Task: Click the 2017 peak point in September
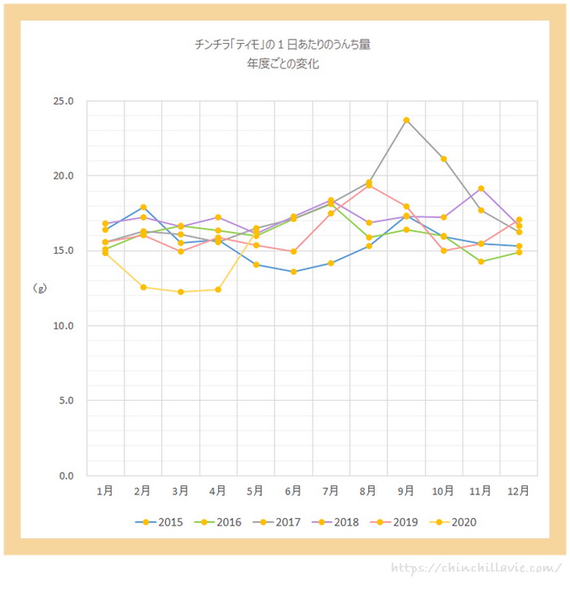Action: tap(406, 120)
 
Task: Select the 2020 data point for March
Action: tap(181, 292)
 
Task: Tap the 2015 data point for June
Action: tap(293, 272)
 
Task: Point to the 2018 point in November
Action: tap(481, 189)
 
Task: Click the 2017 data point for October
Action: tap(444, 159)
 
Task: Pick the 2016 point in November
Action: tap(481, 262)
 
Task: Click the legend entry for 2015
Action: tap(160, 522)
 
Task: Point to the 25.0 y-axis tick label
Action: tap(63, 101)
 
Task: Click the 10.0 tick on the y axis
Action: tap(63, 325)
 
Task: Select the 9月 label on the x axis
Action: tap(406, 491)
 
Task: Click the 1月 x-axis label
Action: tap(105, 491)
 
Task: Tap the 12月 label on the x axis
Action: tap(519, 491)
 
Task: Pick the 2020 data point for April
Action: tap(218, 289)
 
